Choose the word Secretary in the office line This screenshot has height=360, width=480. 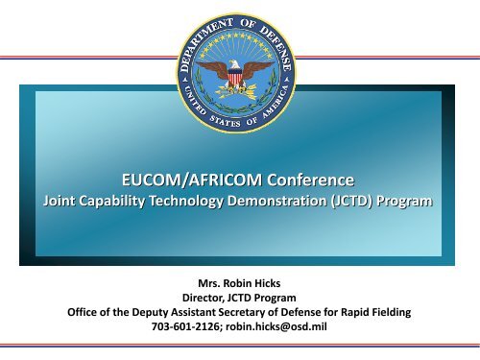pyautogui.click(x=236, y=312)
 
